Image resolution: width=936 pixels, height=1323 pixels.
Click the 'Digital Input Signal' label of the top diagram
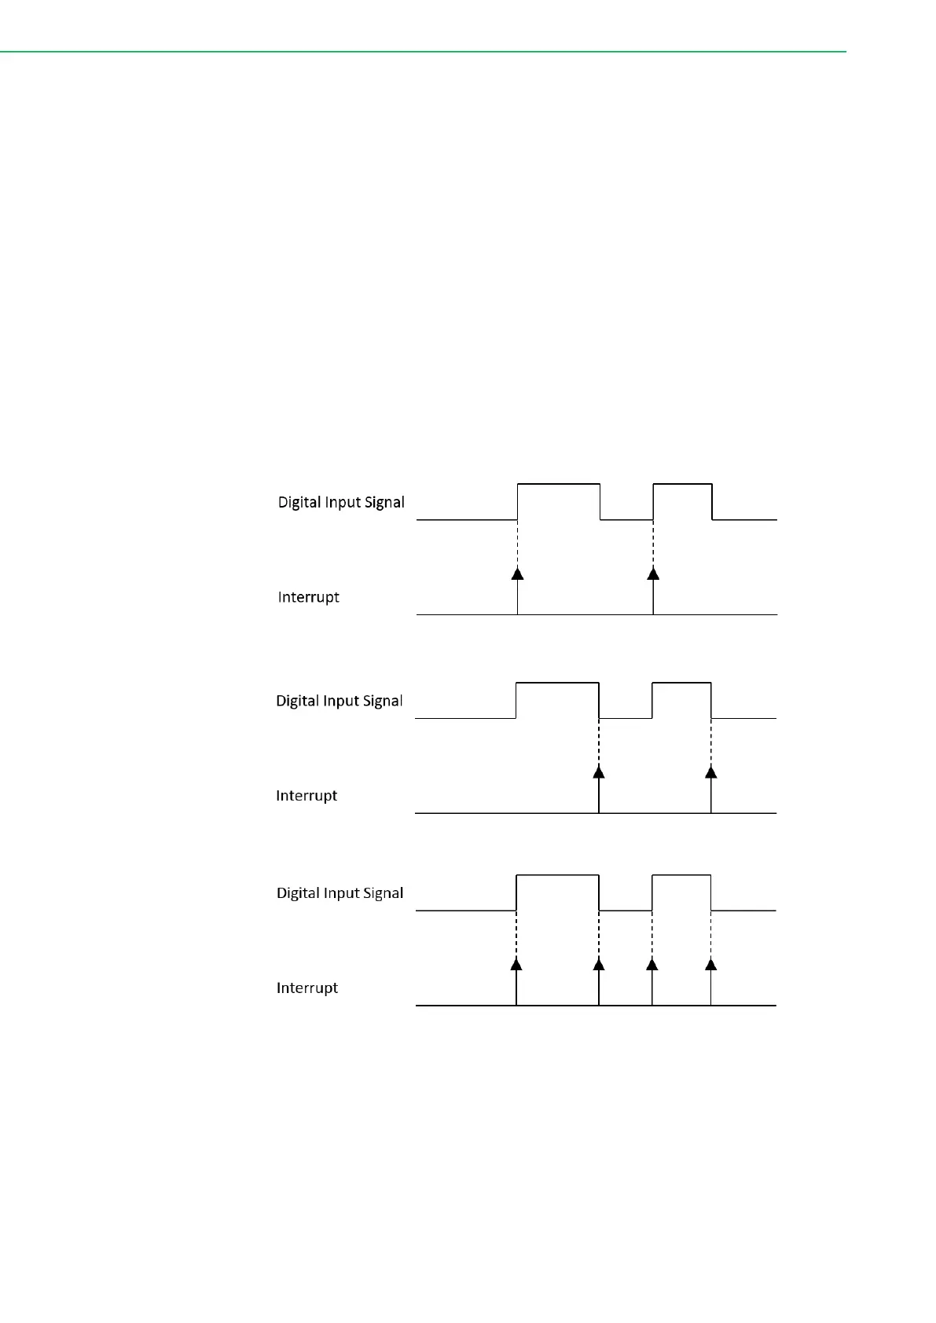coord(341,502)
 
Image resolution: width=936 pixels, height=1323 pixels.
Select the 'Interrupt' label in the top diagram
coord(308,597)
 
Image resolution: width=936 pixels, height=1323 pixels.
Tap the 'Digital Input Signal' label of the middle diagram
coord(339,701)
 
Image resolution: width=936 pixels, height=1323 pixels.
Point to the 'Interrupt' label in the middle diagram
coord(306,796)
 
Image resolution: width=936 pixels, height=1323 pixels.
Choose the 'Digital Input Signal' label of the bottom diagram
coord(340,893)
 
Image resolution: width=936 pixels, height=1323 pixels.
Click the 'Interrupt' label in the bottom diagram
coord(306,988)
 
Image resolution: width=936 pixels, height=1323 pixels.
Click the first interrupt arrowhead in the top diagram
coord(517,574)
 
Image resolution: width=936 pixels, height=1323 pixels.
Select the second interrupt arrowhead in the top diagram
coord(653,574)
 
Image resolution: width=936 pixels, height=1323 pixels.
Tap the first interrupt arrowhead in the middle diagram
coord(599,771)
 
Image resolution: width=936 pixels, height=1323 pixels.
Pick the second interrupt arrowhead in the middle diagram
coord(711,771)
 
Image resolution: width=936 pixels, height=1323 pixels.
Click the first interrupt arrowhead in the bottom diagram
coord(516,964)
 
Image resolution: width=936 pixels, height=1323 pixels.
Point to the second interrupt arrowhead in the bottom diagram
coord(599,964)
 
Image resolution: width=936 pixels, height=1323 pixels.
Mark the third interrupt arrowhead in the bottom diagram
coord(652,964)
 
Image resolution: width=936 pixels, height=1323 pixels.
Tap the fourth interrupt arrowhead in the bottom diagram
coord(711,964)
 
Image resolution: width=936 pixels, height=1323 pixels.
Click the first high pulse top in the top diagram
coord(559,485)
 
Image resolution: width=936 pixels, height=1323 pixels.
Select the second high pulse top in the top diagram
coord(682,485)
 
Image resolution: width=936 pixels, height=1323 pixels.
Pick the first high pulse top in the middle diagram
coord(557,683)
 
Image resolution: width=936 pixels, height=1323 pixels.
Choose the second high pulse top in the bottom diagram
coord(681,875)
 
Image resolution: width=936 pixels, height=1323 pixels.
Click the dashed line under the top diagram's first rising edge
coord(517,543)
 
